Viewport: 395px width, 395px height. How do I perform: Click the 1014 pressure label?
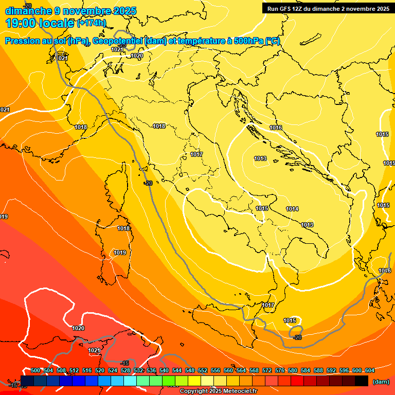293,209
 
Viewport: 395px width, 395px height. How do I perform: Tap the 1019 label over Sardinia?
120,253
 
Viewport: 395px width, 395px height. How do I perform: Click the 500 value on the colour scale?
35,370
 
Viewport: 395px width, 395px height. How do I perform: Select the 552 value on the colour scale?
203,370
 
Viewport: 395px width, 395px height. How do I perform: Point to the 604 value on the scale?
370,370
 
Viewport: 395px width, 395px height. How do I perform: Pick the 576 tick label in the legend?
280,370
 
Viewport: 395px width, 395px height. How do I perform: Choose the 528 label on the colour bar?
125,370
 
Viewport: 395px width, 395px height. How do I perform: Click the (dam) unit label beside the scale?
381,382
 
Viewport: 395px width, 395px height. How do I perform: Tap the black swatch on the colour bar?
361,381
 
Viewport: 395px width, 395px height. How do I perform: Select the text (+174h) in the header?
92,23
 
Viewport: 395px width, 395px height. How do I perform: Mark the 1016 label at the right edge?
385,271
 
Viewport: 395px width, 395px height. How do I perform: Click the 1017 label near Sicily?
268,305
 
